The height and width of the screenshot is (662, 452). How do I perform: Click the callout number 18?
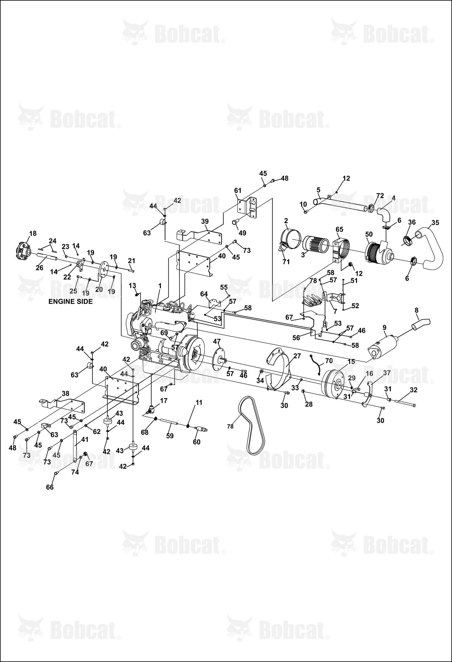(33, 233)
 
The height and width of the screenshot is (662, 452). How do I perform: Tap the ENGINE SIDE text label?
(71, 301)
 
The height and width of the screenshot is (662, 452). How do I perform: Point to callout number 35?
(435, 223)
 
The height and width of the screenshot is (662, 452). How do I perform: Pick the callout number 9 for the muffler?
(384, 327)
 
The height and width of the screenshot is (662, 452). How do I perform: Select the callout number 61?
(238, 190)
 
